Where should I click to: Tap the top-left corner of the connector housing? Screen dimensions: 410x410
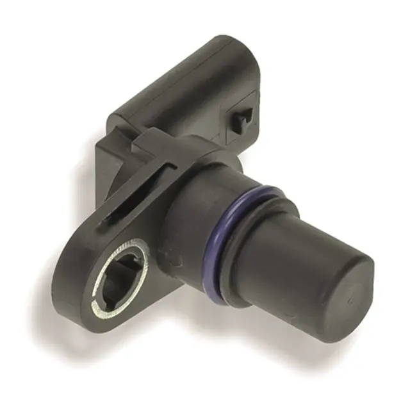[x=115, y=119]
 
